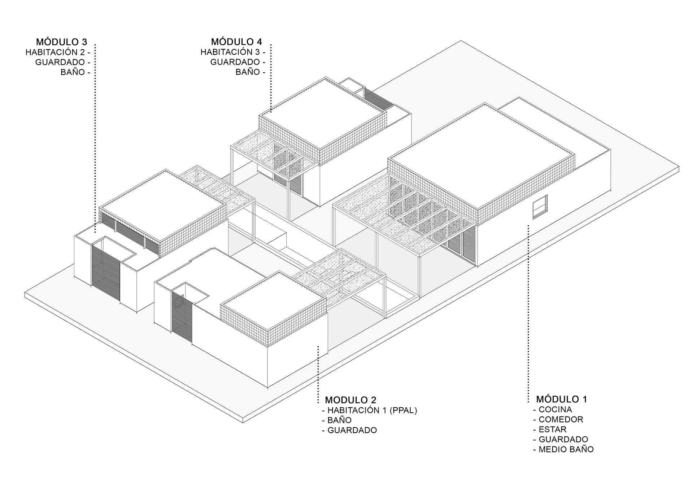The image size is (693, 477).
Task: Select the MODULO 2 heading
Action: pos(350,400)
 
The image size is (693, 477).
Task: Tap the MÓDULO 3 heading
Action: pos(61,42)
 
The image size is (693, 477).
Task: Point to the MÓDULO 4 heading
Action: pos(236,42)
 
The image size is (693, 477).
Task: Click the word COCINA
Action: pos(555,410)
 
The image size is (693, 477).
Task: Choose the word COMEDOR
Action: pos(561,419)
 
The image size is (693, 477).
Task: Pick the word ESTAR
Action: pos(552,429)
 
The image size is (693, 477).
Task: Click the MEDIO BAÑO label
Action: pos(566,449)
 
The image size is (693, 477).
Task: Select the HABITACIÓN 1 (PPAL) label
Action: pos(372,410)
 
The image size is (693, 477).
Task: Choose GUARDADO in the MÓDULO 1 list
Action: pos(563,439)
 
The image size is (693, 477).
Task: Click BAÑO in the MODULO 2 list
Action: pos(339,420)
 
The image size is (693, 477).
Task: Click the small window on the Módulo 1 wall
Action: pos(540,206)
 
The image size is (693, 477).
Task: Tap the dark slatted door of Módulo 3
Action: pos(105,270)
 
